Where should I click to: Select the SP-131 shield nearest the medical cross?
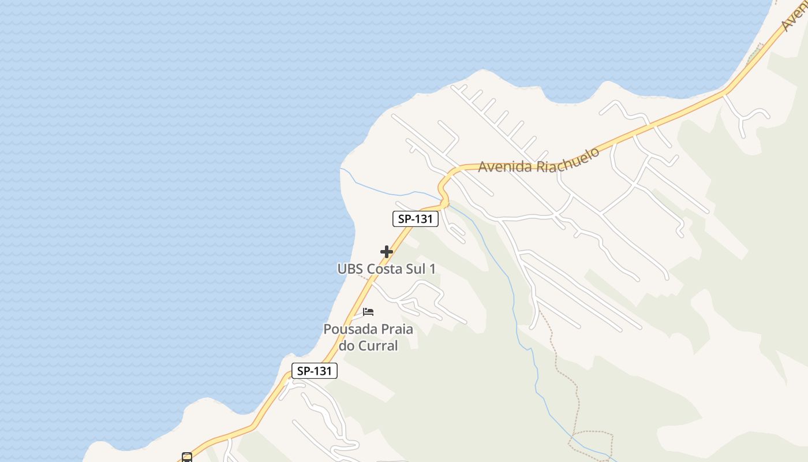pos(416,219)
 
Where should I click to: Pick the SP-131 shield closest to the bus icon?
pos(315,371)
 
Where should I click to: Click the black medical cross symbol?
pos(387,252)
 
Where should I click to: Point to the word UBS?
pos(350,269)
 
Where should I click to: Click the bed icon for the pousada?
pos(368,312)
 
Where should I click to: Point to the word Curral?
pos(379,346)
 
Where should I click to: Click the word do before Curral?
pos(347,346)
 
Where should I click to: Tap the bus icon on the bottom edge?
pos(186,457)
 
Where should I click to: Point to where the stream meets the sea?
pos(342,169)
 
